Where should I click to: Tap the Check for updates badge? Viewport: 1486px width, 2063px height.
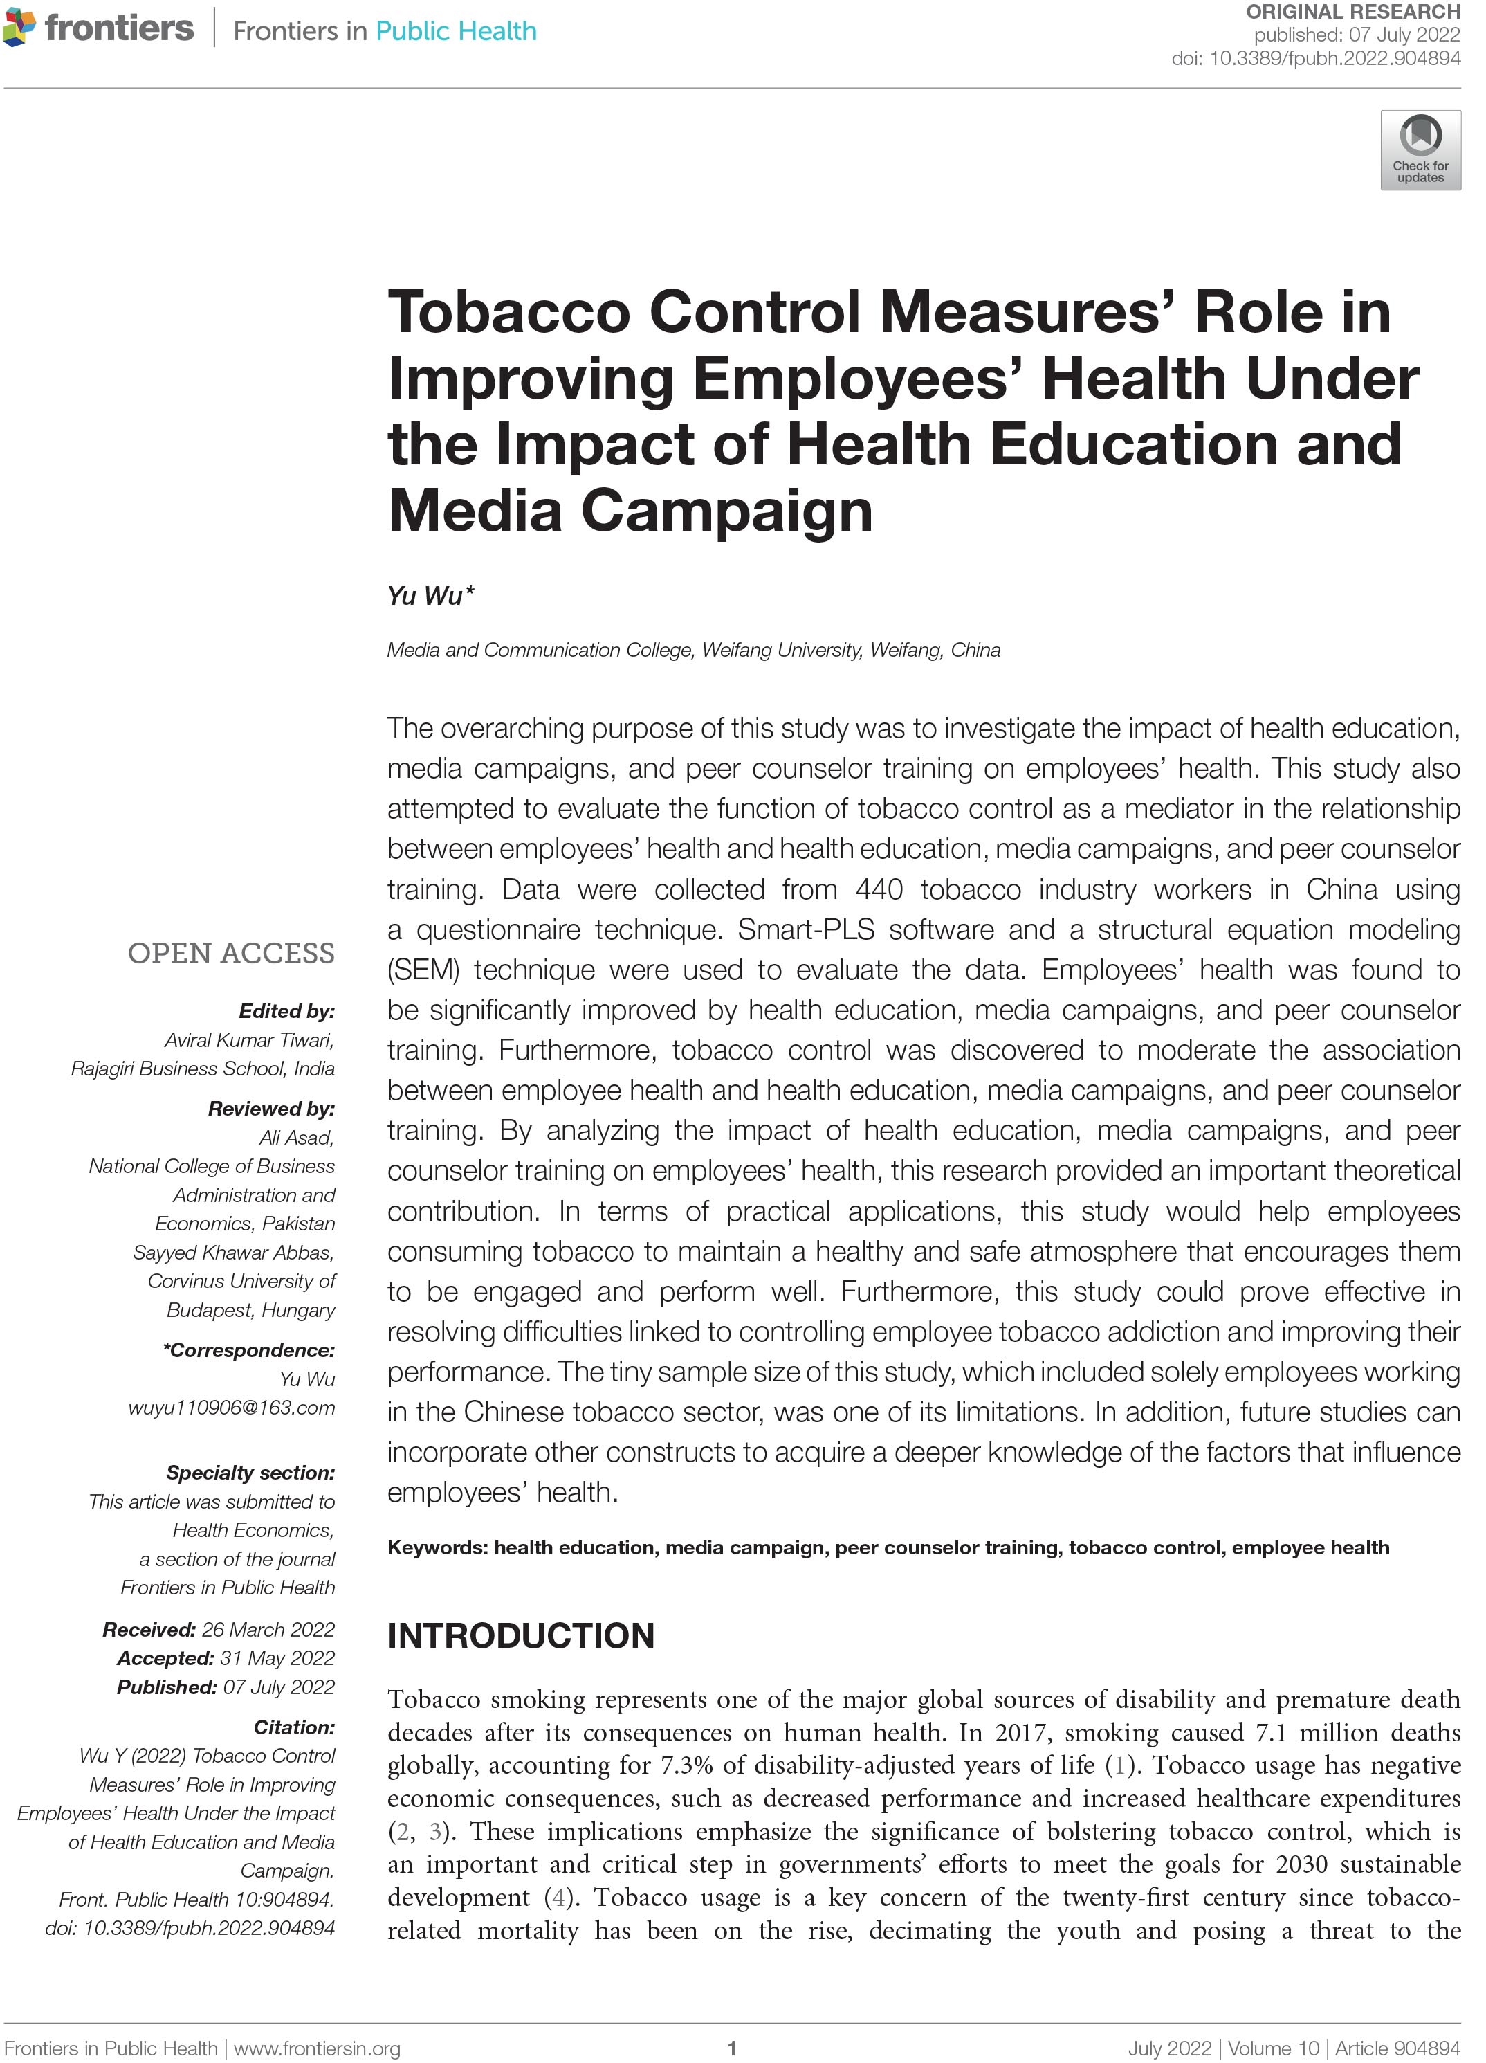coord(1420,150)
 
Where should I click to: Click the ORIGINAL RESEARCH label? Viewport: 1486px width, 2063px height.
coord(1352,12)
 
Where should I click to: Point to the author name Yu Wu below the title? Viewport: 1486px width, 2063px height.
coord(425,596)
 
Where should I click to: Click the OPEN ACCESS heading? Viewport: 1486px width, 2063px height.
coord(231,952)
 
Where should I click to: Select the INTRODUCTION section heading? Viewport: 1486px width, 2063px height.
coord(520,1635)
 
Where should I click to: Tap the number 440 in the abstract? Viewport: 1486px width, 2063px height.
coord(879,889)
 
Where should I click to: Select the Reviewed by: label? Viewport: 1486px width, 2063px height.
coord(271,1108)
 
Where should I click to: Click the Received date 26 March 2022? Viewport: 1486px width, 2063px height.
coord(268,1629)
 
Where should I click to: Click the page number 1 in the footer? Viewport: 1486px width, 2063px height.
coord(731,2048)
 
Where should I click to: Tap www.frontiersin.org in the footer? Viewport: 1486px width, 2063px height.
coord(318,2048)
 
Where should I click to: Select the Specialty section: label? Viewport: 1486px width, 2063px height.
coord(250,1472)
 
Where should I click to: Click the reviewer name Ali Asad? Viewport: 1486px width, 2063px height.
coord(297,1137)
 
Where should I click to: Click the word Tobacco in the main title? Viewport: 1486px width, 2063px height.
coord(508,312)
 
